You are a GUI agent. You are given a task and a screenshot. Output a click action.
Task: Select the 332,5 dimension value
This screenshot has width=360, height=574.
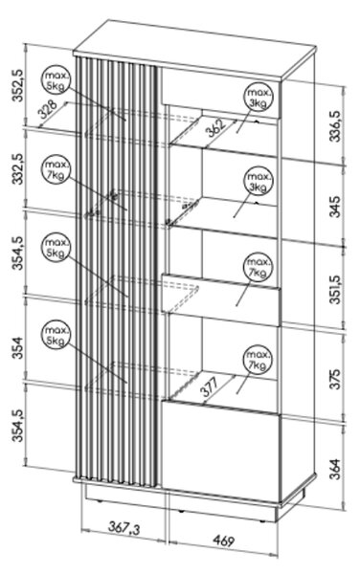(18, 168)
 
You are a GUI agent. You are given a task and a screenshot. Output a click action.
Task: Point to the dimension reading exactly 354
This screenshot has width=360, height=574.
(18, 347)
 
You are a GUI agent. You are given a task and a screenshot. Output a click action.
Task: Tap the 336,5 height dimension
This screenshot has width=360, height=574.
(335, 126)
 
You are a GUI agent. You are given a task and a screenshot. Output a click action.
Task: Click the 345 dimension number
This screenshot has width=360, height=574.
(335, 207)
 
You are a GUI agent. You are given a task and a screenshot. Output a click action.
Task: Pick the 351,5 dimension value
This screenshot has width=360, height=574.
(335, 290)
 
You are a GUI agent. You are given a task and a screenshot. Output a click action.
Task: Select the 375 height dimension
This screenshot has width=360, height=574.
(335, 379)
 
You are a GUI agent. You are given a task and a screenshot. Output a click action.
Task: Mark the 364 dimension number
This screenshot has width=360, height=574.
(335, 469)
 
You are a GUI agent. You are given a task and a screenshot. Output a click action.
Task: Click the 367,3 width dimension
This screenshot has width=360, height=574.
(124, 528)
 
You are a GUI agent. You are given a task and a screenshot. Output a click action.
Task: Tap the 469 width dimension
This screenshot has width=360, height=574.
(223, 541)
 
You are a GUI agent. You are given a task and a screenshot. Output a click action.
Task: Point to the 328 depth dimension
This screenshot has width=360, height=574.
(48, 109)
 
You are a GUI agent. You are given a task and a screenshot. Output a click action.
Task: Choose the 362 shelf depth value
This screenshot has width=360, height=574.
(216, 127)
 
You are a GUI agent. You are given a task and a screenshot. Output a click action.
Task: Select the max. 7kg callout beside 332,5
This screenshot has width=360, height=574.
(56, 169)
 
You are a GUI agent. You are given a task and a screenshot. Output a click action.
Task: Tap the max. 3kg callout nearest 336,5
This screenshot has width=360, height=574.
(259, 99)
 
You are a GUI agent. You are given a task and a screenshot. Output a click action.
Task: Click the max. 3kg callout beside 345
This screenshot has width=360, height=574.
(259, 182)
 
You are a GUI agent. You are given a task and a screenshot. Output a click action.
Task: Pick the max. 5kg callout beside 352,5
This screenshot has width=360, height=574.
(56, 80)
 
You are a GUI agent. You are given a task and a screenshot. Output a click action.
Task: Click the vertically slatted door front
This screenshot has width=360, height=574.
(117, 271)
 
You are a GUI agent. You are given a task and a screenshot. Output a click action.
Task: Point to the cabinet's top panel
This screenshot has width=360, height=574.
(194, 50)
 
